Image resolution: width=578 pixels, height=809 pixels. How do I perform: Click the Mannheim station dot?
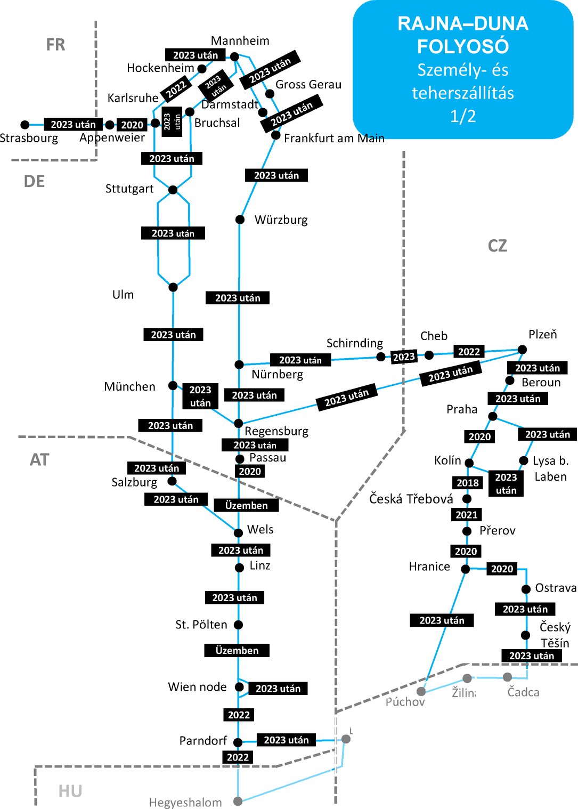pyautogui.click(x=234, y=56)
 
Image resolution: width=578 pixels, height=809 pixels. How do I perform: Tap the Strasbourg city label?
pyautogui.click(x=29, y=138)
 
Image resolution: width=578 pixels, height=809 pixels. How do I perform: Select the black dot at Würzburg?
pyautogui.click(x=240, y=220)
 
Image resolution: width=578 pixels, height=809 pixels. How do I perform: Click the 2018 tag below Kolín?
pyautogui.click(x=468, y=483)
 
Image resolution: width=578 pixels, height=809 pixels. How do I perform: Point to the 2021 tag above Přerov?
pyautogui.click(x=467, y=515)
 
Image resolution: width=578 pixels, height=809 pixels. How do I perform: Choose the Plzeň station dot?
pyautogui.click(x=522, y=350)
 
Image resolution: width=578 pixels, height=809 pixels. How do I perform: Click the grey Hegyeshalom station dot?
pyautogui.click(x=238, y=801)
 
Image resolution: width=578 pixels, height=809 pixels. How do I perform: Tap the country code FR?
pyautogui.click(x=55, y=45)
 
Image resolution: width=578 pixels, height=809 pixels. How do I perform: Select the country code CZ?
pyautogui.click(x=497, y=246)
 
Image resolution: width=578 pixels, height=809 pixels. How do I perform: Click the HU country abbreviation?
pyautogui.click(x=70, y=791)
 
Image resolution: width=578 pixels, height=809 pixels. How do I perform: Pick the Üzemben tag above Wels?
pyautogui.click(x=246, y=505)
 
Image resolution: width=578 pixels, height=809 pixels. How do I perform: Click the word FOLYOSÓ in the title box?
pyautogui.click(x=462, y=47)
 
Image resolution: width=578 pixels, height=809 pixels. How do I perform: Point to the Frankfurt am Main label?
pyautogui.click(x=334, y=139)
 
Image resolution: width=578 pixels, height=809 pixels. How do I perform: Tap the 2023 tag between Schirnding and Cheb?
pyautogui.click(x=404, y=357)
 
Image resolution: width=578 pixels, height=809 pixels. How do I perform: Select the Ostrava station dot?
pyautogui.click(x=526, y=589)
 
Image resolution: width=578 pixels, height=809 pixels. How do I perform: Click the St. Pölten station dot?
pyautogui.click(x=238, y=625)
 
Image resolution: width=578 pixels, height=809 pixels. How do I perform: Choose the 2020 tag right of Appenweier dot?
pyautogui.click(x=132, y=125)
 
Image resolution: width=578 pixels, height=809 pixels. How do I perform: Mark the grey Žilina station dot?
pyautogui.click(x=467, y=678)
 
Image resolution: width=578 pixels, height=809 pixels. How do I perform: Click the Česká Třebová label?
pyautogui.click(x=411, y=499)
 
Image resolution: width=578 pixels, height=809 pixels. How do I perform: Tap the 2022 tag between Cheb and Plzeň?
pyautogui.click(x=469, y=352)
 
